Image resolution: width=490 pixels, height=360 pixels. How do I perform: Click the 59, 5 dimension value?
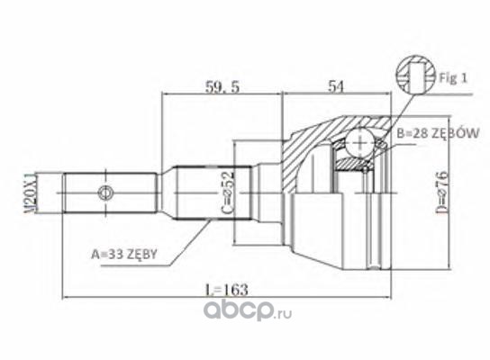pos(222,87)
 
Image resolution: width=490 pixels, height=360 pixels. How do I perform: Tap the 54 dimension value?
pos(336,86)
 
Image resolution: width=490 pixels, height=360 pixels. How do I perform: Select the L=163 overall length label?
pos(226,290)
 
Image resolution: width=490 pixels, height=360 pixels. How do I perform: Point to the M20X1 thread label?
pos(31,193)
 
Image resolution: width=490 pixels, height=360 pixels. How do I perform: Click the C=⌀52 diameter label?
pos(228,193)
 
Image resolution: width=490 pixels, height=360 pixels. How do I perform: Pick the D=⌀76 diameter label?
pos(443,193)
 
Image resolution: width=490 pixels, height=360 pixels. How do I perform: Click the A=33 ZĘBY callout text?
pos(123,255)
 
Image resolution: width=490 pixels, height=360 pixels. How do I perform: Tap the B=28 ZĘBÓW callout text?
pos(438,133)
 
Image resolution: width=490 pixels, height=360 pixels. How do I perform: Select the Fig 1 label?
pos(453,77)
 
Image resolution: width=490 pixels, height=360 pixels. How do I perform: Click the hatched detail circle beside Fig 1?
pos(416,75)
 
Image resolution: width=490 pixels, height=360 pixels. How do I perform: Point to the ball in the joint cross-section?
pos(359,142)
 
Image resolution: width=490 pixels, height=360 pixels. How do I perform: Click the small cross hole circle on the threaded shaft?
pos(105,193)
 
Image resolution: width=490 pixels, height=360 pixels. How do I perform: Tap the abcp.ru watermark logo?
pos(248,309)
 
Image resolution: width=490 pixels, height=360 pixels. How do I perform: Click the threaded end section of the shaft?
pos(110,193)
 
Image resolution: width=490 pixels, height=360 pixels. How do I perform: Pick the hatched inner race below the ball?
pos(350,164)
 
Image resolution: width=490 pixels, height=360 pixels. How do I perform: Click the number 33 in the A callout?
pos(113,255)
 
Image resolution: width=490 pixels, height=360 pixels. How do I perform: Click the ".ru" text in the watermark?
pos(284,314)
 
